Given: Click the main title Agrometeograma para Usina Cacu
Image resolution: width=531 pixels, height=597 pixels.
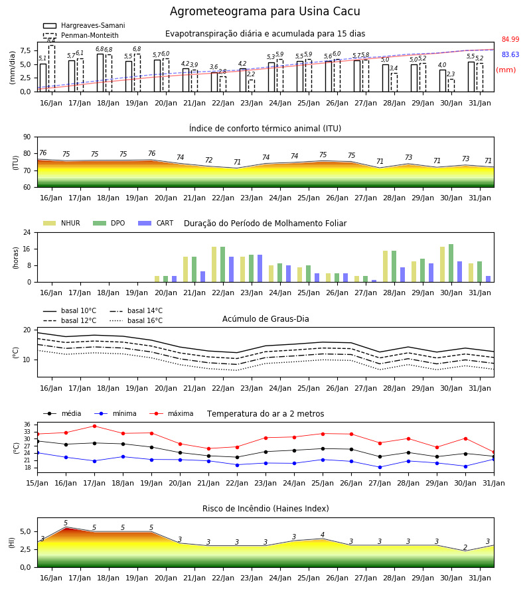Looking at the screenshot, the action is coord(265,11).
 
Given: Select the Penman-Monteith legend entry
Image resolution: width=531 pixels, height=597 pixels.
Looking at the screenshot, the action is coord(81,35).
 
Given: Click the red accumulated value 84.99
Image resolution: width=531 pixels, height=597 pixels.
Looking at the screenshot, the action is coord(510,39).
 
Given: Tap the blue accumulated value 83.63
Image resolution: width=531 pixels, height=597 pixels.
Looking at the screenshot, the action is coord(510,54).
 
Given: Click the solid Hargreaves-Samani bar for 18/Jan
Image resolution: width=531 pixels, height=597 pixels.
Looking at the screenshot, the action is coord(100,73).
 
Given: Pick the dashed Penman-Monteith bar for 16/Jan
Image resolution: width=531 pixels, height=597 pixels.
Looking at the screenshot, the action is coord(52,68).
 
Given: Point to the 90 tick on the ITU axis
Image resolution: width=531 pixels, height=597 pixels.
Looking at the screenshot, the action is coord(27,137).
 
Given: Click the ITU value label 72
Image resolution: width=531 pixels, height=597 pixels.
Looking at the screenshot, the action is coord(208,160).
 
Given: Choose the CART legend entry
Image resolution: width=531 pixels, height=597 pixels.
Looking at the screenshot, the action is coord(156,223).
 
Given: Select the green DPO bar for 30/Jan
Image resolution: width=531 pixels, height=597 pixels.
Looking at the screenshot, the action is coord(451,263).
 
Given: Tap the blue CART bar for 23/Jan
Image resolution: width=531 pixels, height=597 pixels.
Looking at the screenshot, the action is coord(260,269).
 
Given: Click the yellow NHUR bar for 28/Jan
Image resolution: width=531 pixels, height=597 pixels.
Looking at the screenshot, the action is coord(386,267).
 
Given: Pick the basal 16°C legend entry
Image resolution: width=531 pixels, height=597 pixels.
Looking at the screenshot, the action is coord(136,320).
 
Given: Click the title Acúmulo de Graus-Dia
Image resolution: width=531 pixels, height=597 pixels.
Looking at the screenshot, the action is coord(265,319).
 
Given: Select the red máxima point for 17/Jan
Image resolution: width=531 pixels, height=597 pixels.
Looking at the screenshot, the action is coord(94,426).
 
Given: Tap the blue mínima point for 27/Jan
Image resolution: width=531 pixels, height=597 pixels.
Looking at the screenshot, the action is coord(380,467).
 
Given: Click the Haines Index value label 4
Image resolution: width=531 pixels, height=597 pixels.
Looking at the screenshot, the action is coord(323,535).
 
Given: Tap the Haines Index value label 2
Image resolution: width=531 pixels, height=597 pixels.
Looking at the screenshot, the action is coord(465,547).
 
